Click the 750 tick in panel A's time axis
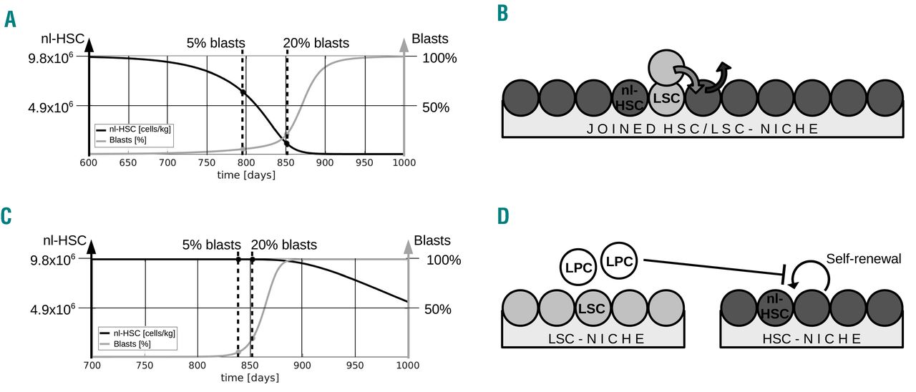(x=206, y=163)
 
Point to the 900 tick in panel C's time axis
(x=302, y=366)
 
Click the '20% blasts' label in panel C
(x=283, y=245)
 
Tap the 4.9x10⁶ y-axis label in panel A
(x=51, y=107)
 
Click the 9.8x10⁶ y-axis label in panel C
(x=51, y=260)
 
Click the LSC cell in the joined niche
(x=666, y=98)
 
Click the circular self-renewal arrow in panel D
(x=811, y=278)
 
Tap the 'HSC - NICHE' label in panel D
(x=809, y=338)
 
